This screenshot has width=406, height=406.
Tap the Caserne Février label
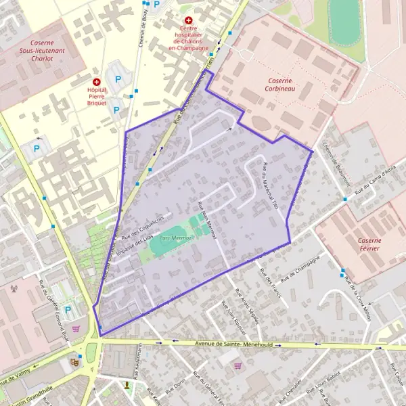369,245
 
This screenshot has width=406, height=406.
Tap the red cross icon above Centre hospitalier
188,21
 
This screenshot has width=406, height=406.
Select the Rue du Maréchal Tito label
270,183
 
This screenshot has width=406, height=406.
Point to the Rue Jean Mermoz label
206,223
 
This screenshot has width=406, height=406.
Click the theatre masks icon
75,363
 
